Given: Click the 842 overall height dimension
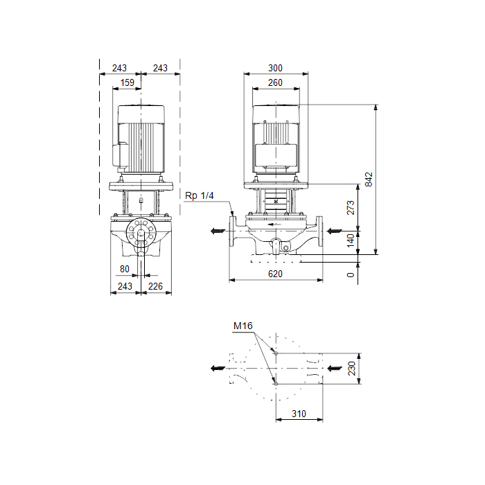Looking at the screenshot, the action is pos(369,179).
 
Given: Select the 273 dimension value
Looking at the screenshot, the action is pos(351,208).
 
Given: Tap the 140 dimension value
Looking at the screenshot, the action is pos(351,240).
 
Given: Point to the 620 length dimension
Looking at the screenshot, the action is pos(275,274).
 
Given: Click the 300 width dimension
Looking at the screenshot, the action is pos(275,68).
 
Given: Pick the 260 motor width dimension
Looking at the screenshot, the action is pos(275,82).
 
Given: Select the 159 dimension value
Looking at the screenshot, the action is pos(127,82).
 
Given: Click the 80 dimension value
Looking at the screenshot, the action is pos(125,269).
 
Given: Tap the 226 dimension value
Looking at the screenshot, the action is pos(155,286).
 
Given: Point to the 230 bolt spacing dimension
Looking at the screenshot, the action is pos(352,369).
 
